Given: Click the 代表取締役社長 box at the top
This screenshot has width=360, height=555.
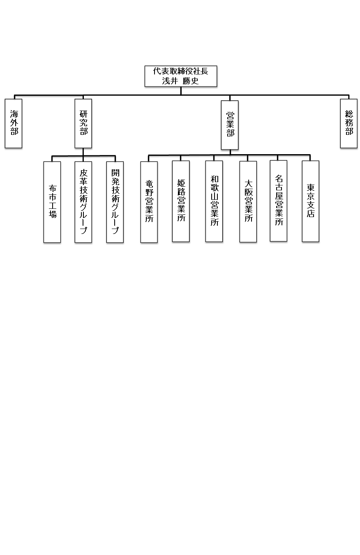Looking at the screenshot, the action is point(181,76).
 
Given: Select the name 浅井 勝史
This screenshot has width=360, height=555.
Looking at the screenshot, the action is point(180,81).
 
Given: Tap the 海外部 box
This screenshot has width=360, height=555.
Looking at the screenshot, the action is point(14,123).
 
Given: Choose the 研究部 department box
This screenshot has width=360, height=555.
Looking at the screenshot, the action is point(83,123).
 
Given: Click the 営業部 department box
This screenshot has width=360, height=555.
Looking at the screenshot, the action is point(230,125).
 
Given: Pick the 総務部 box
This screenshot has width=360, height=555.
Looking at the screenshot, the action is point(348,123).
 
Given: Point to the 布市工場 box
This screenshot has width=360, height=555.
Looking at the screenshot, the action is point(52,202).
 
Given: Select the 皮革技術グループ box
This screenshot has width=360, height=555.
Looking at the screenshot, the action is point(83,202).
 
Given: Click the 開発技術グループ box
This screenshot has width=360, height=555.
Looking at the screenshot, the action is point(115,202).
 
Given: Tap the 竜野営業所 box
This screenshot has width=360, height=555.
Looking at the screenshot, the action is point(149,202).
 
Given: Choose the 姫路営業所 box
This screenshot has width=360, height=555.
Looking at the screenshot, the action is point(181,201).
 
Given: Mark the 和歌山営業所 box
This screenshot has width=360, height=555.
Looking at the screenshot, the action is point(214,201).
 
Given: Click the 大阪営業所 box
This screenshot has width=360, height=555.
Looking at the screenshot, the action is point(248,201).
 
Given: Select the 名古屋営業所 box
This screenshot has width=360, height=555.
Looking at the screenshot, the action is point(279,201).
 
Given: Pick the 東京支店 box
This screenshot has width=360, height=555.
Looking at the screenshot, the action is point(311,201).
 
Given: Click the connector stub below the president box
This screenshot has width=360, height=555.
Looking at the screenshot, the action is point(181,91).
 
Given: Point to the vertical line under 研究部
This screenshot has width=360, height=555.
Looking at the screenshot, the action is point(83,152).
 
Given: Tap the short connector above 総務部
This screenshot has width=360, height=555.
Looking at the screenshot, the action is point(348,97).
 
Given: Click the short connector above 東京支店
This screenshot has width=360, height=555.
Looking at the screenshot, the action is point(310,158).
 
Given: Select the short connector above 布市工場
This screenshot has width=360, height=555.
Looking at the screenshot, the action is point(52,159).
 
